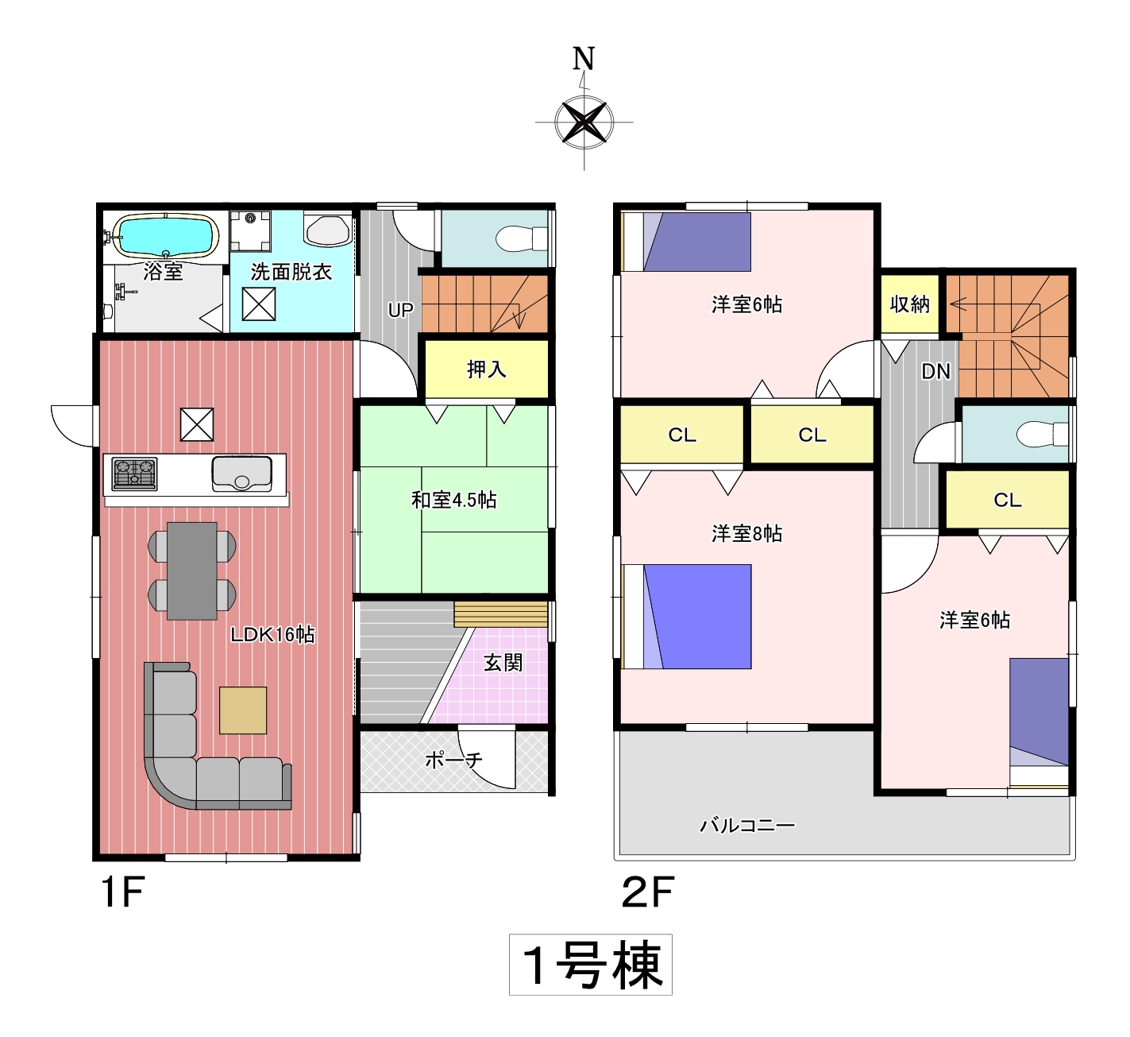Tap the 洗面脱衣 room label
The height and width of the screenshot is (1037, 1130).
291,273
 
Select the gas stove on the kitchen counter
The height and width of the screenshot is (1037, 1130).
135,473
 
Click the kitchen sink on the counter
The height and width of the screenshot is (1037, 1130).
241,473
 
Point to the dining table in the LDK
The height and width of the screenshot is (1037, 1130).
192,571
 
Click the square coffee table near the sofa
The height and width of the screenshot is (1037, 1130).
243,710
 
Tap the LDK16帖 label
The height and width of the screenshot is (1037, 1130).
272,634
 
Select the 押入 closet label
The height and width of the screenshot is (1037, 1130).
486,370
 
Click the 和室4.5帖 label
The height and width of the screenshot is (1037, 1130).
454,500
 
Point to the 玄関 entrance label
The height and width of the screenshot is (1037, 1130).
503,663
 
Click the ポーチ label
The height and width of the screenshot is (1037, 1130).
454,760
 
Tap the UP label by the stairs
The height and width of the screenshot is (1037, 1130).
400,310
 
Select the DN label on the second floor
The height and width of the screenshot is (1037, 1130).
935,371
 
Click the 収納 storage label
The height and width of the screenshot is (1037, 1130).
910,304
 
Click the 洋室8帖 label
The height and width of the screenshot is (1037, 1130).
746,533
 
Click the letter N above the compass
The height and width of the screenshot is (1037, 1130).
584,59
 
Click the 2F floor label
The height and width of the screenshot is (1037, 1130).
647,892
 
